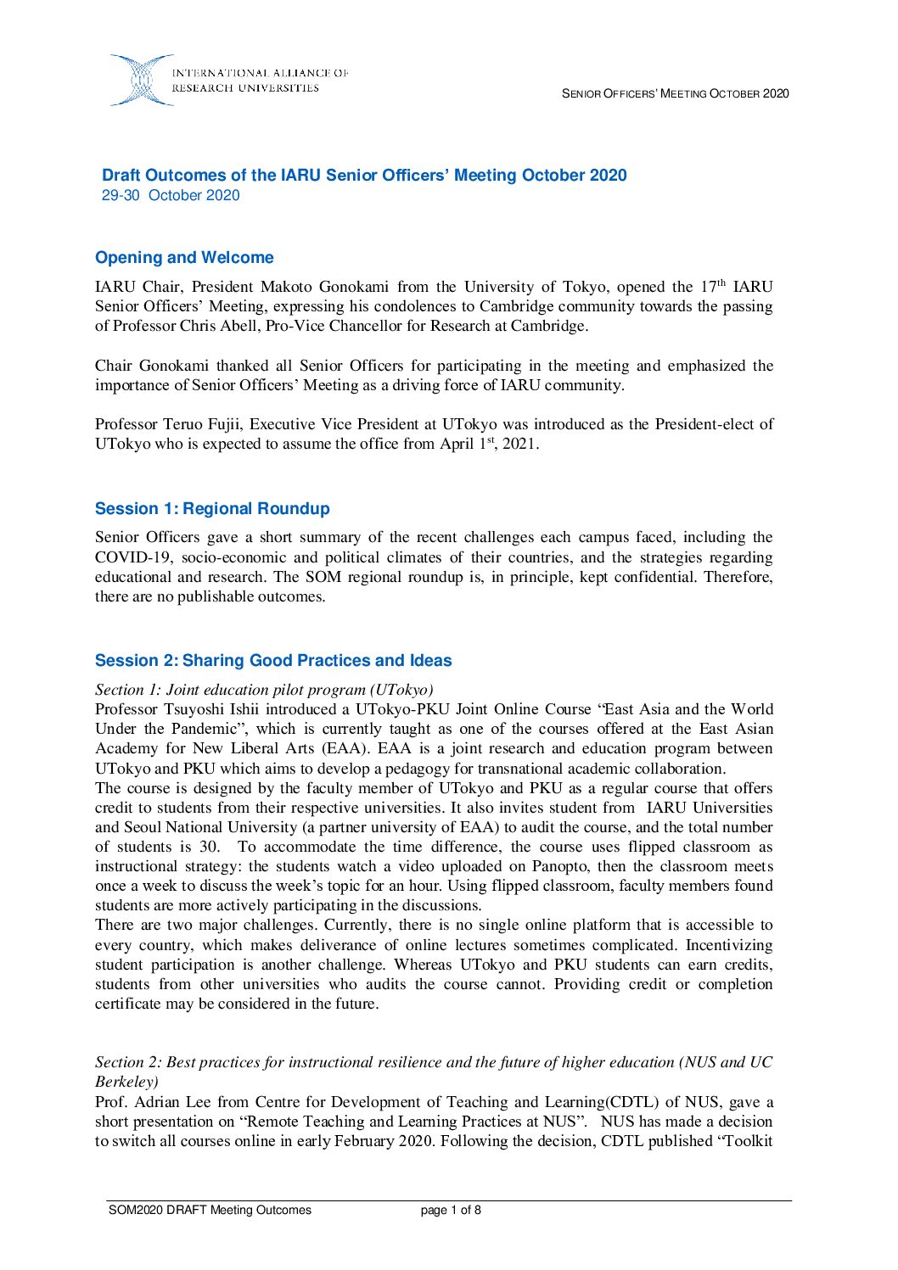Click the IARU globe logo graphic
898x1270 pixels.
[141, 81]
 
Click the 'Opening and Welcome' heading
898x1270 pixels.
[184, 258]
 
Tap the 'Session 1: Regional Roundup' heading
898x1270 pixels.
[212, 509]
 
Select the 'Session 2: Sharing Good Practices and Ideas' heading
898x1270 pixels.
[273, 661]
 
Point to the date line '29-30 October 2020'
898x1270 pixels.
[171, 196]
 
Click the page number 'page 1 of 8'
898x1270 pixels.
[451, 1211]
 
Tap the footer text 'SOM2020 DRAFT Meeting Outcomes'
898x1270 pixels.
[210, 1211]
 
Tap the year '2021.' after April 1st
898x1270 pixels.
[520, 445]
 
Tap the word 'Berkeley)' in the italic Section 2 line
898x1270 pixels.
[126, 1083]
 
